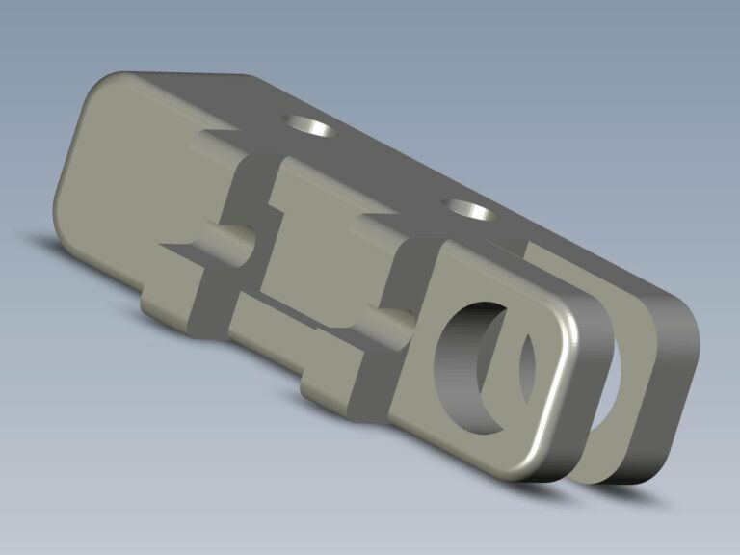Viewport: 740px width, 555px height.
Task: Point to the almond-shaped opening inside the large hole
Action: coord(523,365)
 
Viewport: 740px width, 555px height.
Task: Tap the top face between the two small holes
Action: coord(385,164)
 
